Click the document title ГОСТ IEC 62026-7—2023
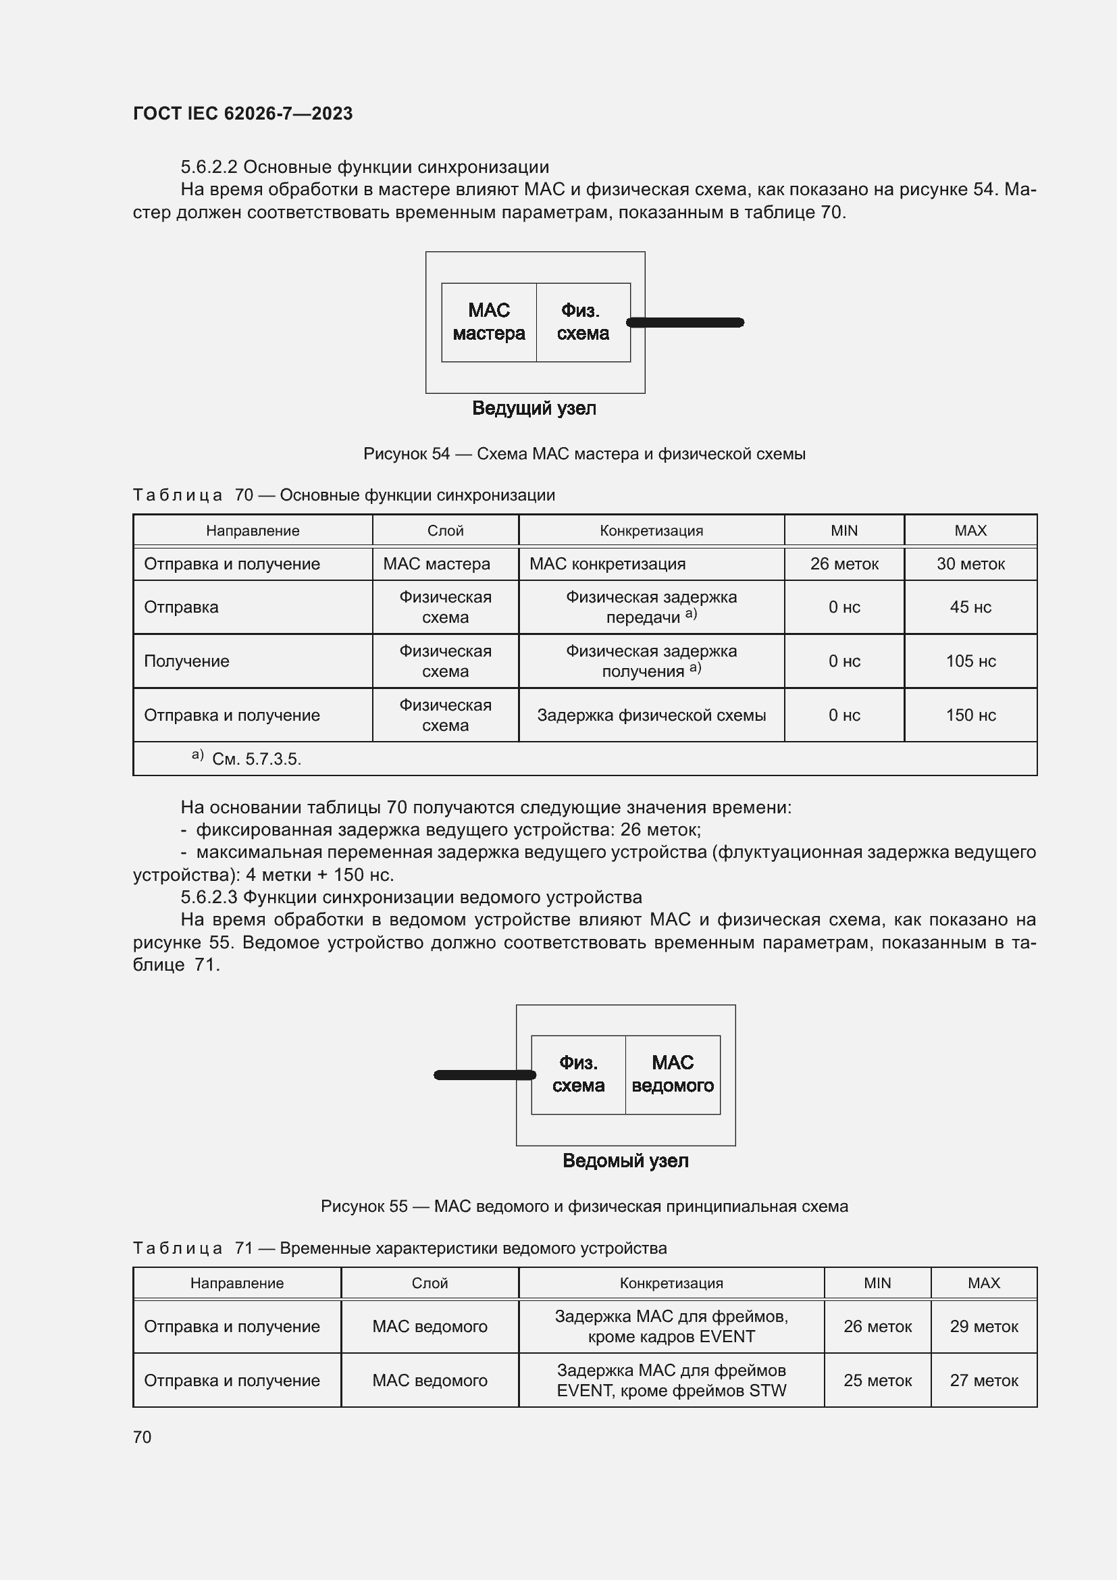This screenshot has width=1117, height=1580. click(x=242, y=113)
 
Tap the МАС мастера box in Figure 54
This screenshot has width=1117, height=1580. click(x=488, y=322)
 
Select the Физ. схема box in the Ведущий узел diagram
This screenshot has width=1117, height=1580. click(x=583, y=322)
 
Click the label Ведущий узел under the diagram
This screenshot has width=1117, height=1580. click(x=534, y=408)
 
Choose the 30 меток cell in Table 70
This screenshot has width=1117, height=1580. click(x=970, y=563)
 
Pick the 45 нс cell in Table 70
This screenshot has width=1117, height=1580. click(x=970, y=607)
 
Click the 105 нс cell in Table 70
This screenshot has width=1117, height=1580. click(x=970, y=661)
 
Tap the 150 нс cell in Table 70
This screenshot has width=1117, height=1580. click(x=970, y=715)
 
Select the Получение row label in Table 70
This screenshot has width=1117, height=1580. click(x=186, y=661)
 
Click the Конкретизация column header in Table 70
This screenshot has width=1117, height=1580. click(x=650, y=530)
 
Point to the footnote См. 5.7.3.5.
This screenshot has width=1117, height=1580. click(x=256, y=759)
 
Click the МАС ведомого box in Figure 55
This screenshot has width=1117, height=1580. click(x=672, y=1074)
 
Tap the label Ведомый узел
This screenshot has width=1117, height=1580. click(x=625, y=1161)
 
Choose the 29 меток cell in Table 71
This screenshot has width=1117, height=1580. click(x=983, y=1326)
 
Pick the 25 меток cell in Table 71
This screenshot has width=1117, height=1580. click(x=877, y=1381)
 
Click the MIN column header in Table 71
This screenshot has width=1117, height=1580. click(x=877, y=1283)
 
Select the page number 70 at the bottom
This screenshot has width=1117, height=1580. click(x=142, y=1437)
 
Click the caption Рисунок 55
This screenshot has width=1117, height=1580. click(x=584, y=1206)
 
